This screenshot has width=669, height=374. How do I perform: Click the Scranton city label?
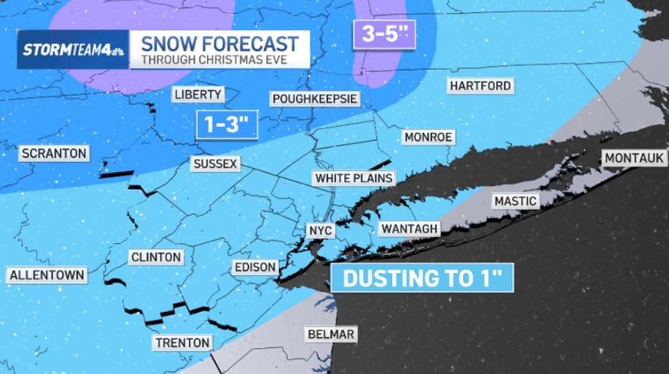point(54,153)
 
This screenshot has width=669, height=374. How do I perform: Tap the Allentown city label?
point(47,275)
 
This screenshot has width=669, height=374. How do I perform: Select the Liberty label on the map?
point(198,94)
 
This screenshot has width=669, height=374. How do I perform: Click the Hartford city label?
point(480,86)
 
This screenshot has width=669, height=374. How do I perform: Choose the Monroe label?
point(428,137)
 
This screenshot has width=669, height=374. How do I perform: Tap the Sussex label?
point(216,164)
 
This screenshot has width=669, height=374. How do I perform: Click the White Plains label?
point(354,178)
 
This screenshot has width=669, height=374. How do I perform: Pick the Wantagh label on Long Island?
point(409,229)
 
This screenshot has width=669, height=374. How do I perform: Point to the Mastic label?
point(516,201)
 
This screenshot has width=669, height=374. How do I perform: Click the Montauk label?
point(634,158)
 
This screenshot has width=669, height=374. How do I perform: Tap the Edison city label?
point(255,267)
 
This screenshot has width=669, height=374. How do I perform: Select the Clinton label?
point(156,257)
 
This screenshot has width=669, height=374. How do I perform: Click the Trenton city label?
point(183,342)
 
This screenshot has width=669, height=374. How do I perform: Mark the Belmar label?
point(331,334)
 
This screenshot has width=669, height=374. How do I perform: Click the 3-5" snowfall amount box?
point(384,33)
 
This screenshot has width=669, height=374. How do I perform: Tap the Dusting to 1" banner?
point(421,278)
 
